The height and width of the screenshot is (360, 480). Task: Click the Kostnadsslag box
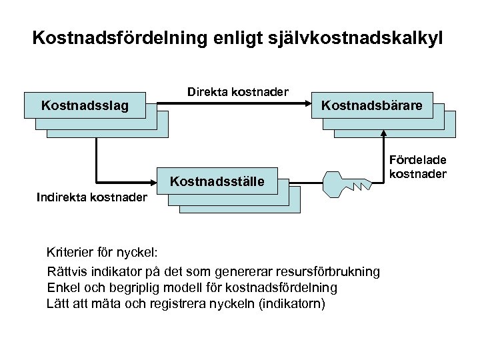pyautogui.click(x=85, y=105)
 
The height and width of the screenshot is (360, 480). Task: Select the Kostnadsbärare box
pyautogui.click(x=373, y=105)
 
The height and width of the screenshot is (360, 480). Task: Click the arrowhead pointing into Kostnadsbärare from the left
pyautogui.click(x=311, y=105)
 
